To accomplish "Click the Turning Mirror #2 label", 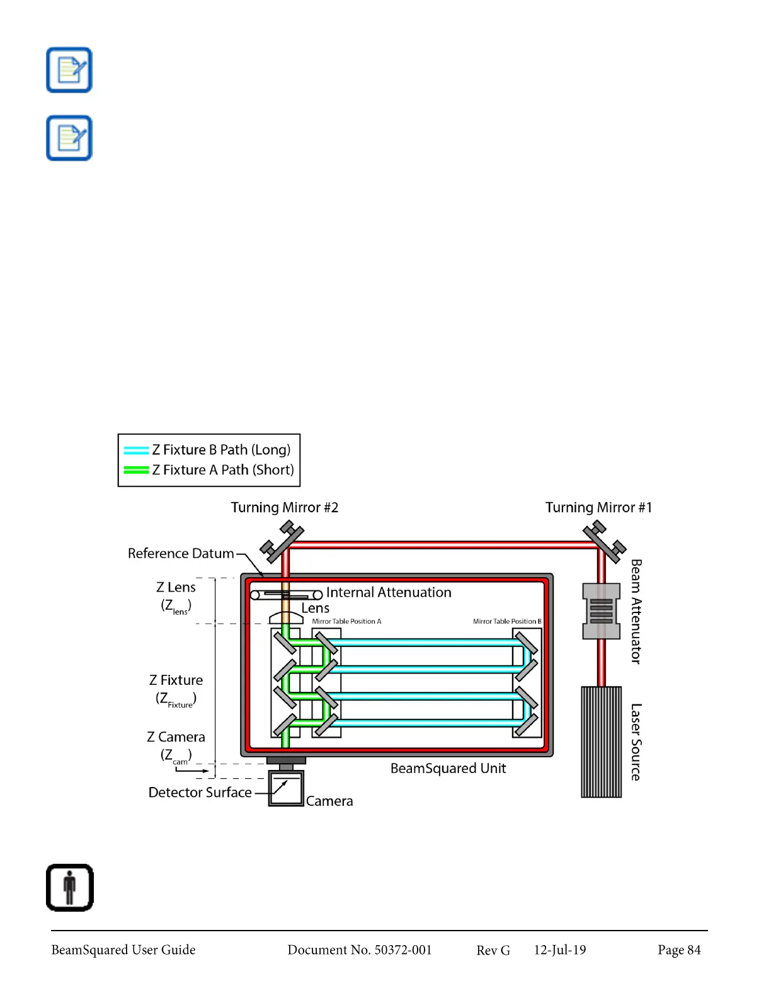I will (x=284, y=508).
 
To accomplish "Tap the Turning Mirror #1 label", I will (x=598, y=508).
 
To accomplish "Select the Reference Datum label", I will (x=181, y=553).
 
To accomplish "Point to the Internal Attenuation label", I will (x=389, y=592).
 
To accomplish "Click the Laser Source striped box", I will (x=601, y=742).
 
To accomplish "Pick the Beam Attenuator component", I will (x=601, y=611).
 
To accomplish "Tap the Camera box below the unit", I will (x=286, y=788).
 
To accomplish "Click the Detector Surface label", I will (x=200, y=793).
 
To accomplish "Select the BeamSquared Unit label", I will (x=448, y=769).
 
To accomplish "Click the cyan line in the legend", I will (x=136, y=450).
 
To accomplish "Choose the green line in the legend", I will (x=136, y=470).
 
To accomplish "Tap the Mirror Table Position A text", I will (x=346, y=621).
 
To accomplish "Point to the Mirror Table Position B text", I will (x=507, y=621).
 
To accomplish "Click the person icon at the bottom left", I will (x=70, y=887).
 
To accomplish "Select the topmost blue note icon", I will (x=69, y=70).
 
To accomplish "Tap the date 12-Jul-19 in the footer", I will (x=559, y=950).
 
